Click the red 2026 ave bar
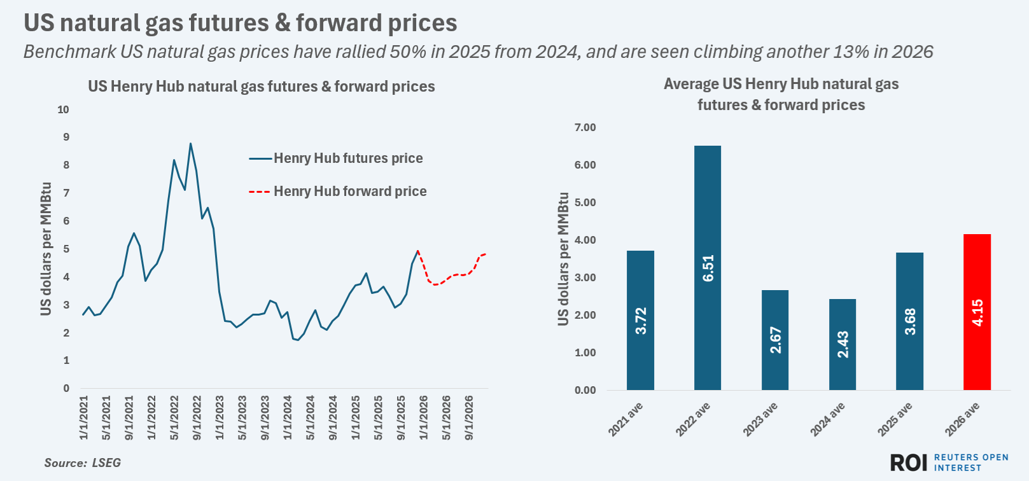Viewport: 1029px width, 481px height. (x=977, y=312)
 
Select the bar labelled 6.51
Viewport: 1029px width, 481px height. (x=708, y=268)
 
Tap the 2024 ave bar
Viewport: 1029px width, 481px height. (x=843, y=344)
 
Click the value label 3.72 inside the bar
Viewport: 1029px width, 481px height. (x=641, y=321)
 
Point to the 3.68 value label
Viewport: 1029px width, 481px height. (x=910, y=321)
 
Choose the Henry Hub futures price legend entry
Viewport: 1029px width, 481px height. (x=347, y=158)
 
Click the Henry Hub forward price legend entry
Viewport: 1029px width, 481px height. (x=349, y=192)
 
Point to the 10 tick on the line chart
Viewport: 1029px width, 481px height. (x=63, y=109)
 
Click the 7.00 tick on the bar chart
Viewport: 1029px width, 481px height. (x=585, y=127)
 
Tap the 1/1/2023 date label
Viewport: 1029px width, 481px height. (x=220, y=418)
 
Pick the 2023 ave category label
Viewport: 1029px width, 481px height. (x=760, y=420)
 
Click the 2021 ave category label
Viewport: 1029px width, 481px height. (x=626, y=420)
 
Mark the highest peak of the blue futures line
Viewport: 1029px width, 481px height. (x=190, y=144)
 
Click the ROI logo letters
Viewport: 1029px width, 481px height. (x=909, y=463)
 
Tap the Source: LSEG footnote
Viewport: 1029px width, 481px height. (x=82, y=463)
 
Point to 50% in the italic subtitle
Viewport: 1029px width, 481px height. (x=408, y=52)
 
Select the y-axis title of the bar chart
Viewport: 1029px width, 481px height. (x=563, y=259)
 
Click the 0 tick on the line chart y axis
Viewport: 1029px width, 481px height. (x=66, y=388)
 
